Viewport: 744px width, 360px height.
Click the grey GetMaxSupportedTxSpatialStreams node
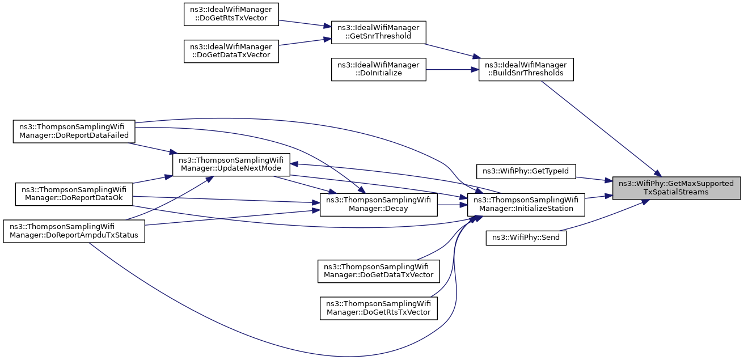677,188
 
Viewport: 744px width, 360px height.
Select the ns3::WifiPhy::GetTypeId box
526,171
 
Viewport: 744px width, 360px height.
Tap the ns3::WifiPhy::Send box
526,238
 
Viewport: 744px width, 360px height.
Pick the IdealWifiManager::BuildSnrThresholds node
526,69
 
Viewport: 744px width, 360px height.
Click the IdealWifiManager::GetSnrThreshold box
378,32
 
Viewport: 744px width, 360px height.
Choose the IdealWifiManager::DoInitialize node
378,69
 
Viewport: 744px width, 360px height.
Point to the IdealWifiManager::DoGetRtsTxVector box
231,14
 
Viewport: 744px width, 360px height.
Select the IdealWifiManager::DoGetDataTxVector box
231,51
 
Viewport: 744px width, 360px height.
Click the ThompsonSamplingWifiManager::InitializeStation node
526,205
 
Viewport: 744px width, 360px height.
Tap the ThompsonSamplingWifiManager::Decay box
378,205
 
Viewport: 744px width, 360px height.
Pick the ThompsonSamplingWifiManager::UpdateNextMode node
231,165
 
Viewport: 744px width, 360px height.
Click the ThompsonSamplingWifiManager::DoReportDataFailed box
74,132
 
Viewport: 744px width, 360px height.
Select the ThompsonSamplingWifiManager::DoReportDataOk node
74,194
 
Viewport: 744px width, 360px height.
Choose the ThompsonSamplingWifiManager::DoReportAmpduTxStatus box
74,231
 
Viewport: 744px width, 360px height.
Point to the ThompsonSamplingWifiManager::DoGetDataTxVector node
378,272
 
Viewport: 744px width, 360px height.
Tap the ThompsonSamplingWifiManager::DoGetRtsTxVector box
378,308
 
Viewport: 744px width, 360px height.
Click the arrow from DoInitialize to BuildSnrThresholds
453,69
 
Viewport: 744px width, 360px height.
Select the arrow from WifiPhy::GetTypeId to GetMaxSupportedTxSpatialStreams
594,179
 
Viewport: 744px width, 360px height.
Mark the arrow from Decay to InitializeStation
453,205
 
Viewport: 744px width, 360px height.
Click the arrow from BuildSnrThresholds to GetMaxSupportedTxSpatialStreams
601,129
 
